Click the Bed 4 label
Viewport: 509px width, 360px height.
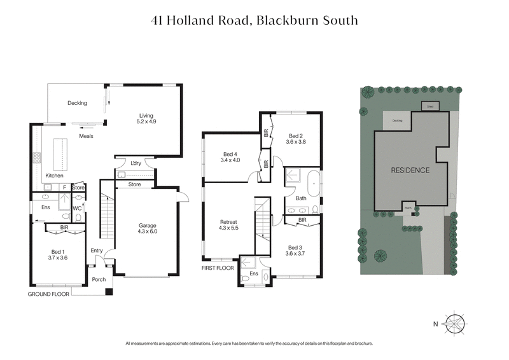232,156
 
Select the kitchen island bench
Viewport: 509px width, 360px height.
62,152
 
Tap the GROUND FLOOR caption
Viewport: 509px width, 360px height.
48,294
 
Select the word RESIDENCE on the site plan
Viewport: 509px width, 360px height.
410,170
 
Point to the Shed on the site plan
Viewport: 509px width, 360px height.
430,107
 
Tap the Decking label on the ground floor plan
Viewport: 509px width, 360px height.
77,103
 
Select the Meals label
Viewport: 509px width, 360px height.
87,136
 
